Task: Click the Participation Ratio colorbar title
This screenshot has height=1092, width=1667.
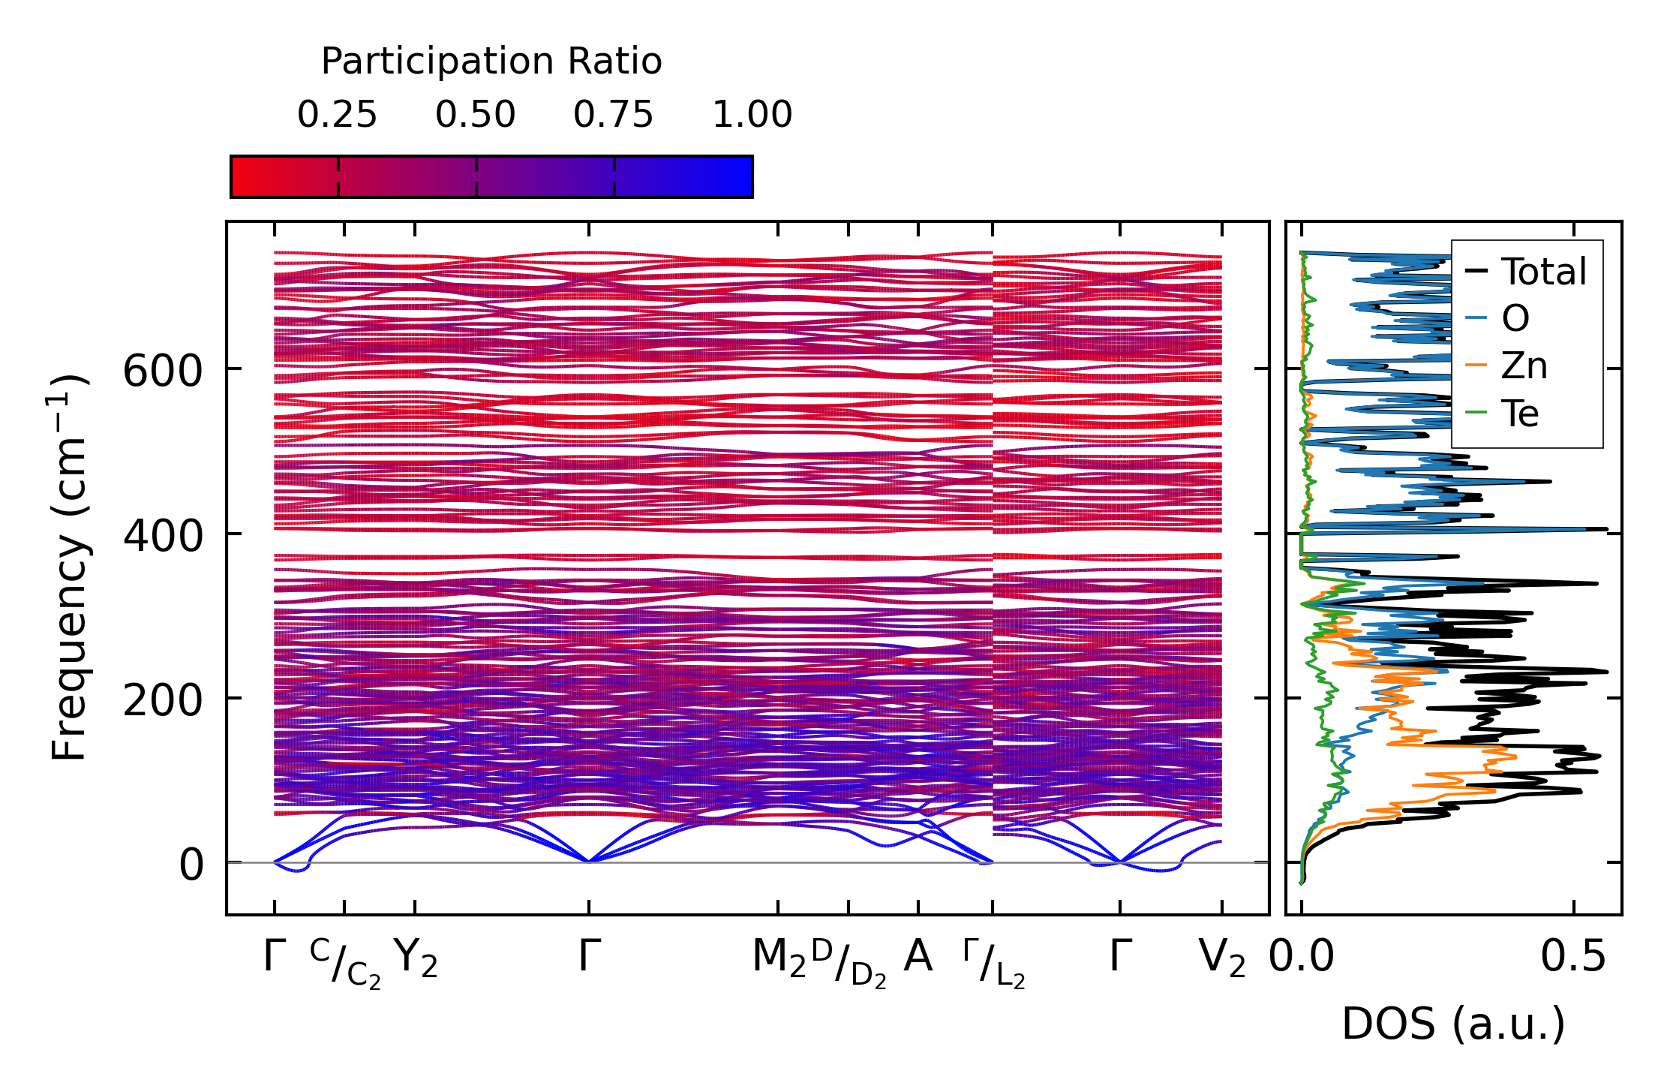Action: click(x=491, y=62)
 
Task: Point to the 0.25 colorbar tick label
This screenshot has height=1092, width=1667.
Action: click(x=337, y=116)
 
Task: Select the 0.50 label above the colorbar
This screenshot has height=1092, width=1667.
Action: click(x=476, y=116)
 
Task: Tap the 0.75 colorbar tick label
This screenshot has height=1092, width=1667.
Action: click(x=614, y=116)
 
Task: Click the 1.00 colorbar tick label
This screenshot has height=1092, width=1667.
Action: click(x=752, y=116)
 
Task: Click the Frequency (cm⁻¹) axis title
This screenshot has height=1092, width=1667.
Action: click(x=70, y=567)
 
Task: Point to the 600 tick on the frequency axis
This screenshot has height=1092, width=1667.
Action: click(x=163, y=371)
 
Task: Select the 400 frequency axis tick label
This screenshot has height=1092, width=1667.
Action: click(x=163, y=536)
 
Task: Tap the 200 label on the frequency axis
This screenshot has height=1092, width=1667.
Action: click(x=163, y=701)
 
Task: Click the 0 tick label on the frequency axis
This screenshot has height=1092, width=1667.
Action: click(x=191, y=865)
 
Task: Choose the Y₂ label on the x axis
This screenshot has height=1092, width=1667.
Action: click(x=416, y=958)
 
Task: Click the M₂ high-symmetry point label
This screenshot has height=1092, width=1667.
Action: click(x=779, y=958)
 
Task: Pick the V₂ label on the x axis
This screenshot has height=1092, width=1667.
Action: click(x=1222, y=958)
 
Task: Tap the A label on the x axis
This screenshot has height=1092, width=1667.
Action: click(x=918, y=957)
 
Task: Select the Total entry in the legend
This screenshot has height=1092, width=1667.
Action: click(x=1543, y=272)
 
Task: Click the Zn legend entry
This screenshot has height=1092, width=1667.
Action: click(x=1524, y=366)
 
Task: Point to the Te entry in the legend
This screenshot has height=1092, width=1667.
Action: click(x=1520, y=414)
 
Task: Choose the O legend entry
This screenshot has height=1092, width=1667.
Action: click(x=1515, y=319)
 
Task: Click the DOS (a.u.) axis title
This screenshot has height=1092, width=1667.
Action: click(x=1453, y=1024)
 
